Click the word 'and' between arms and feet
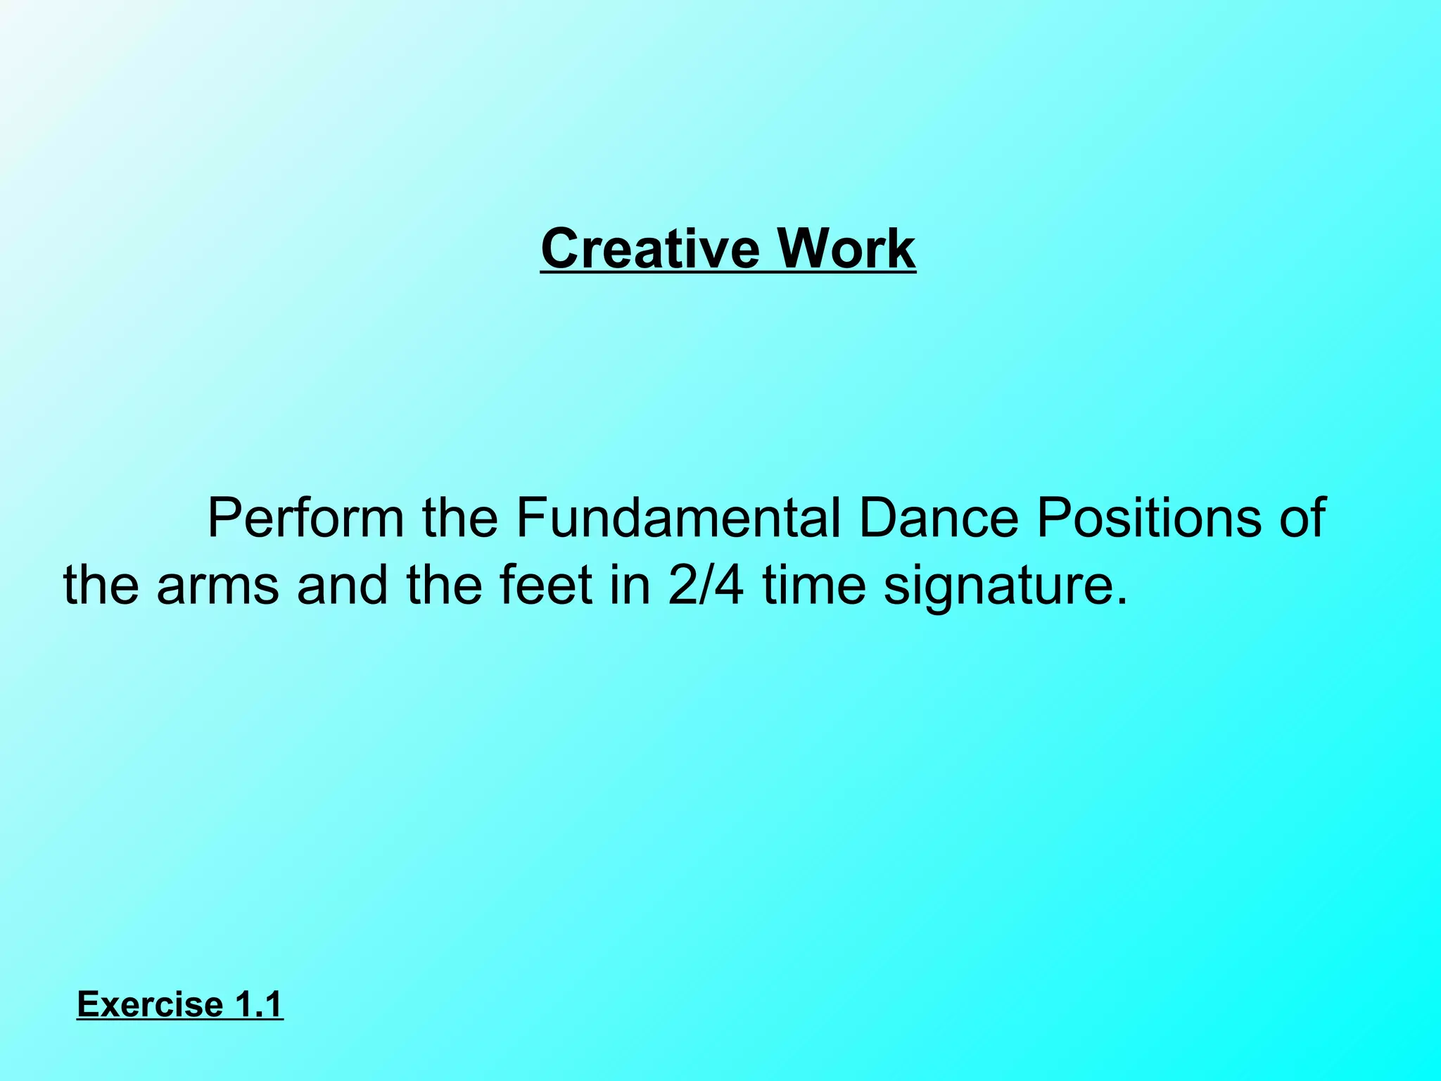coord(342,586)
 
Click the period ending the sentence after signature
coord(1121,602)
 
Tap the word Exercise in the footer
coord(150,1004)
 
